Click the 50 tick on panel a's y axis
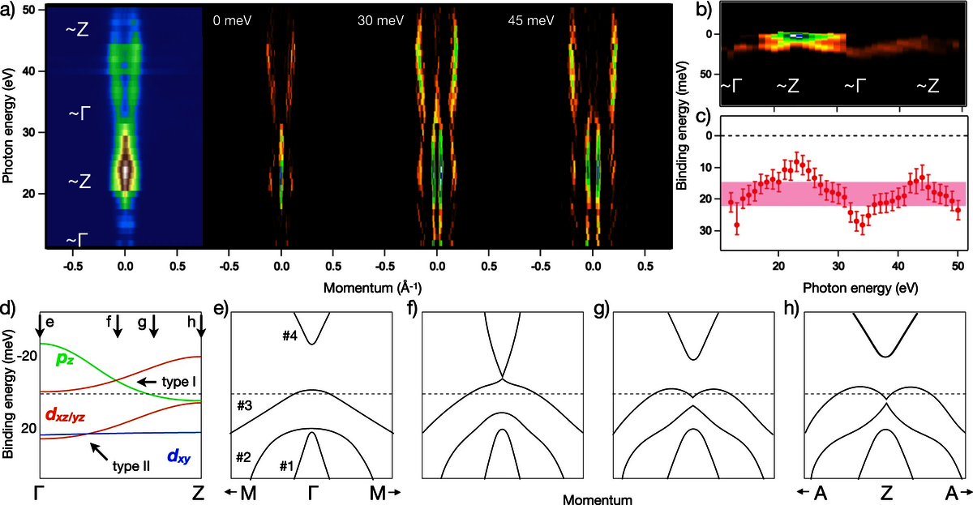27,9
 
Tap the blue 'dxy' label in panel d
180,456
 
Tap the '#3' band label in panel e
243,405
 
